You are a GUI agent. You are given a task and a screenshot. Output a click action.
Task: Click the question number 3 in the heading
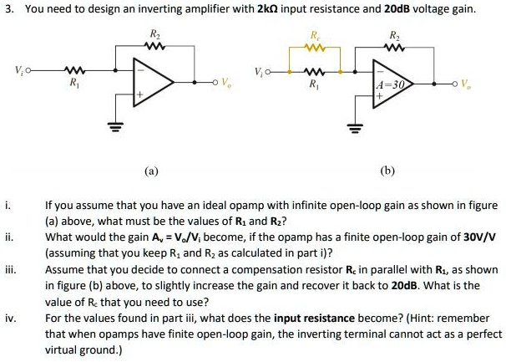pyautogui.click(x=7, y=10)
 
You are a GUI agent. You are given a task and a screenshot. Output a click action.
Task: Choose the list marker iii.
pyautogui.click(x=8, y=270)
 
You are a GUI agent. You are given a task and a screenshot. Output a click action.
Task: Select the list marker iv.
pyautogui.click(x=8, y=319)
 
